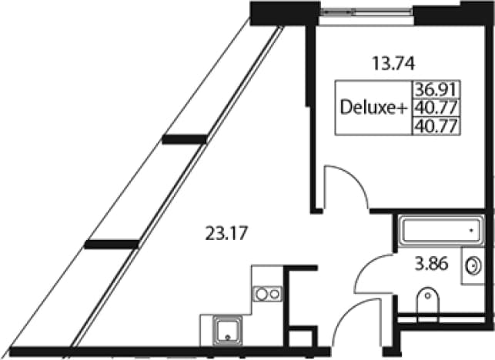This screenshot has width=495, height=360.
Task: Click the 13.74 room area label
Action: coord(393,63)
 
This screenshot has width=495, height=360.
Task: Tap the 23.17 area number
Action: coord(226,234)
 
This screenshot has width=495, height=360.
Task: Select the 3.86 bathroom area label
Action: coord(431,264)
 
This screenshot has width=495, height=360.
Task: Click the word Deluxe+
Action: coord(374,108)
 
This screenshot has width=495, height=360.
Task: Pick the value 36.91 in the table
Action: coord(436,89)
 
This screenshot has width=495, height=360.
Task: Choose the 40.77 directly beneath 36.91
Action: coord(436,108)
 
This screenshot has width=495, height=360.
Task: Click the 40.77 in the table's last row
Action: coord(436,126)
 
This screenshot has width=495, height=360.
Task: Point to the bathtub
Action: coord(441,231)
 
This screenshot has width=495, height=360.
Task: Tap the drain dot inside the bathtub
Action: coord(472,231)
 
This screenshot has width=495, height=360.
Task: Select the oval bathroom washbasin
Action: coord(473,266)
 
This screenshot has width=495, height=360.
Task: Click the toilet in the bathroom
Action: coord(428,304)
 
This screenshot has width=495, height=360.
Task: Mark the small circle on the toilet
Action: coord(428,295)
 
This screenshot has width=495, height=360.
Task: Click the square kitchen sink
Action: coord(228,330)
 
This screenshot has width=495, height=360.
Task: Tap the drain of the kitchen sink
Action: coord(228,338)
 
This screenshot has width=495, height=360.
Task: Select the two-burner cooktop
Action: coord(267,294)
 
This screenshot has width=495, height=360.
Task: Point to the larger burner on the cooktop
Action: coord(262,294)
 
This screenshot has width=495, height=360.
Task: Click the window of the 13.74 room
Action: coord(366,12)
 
